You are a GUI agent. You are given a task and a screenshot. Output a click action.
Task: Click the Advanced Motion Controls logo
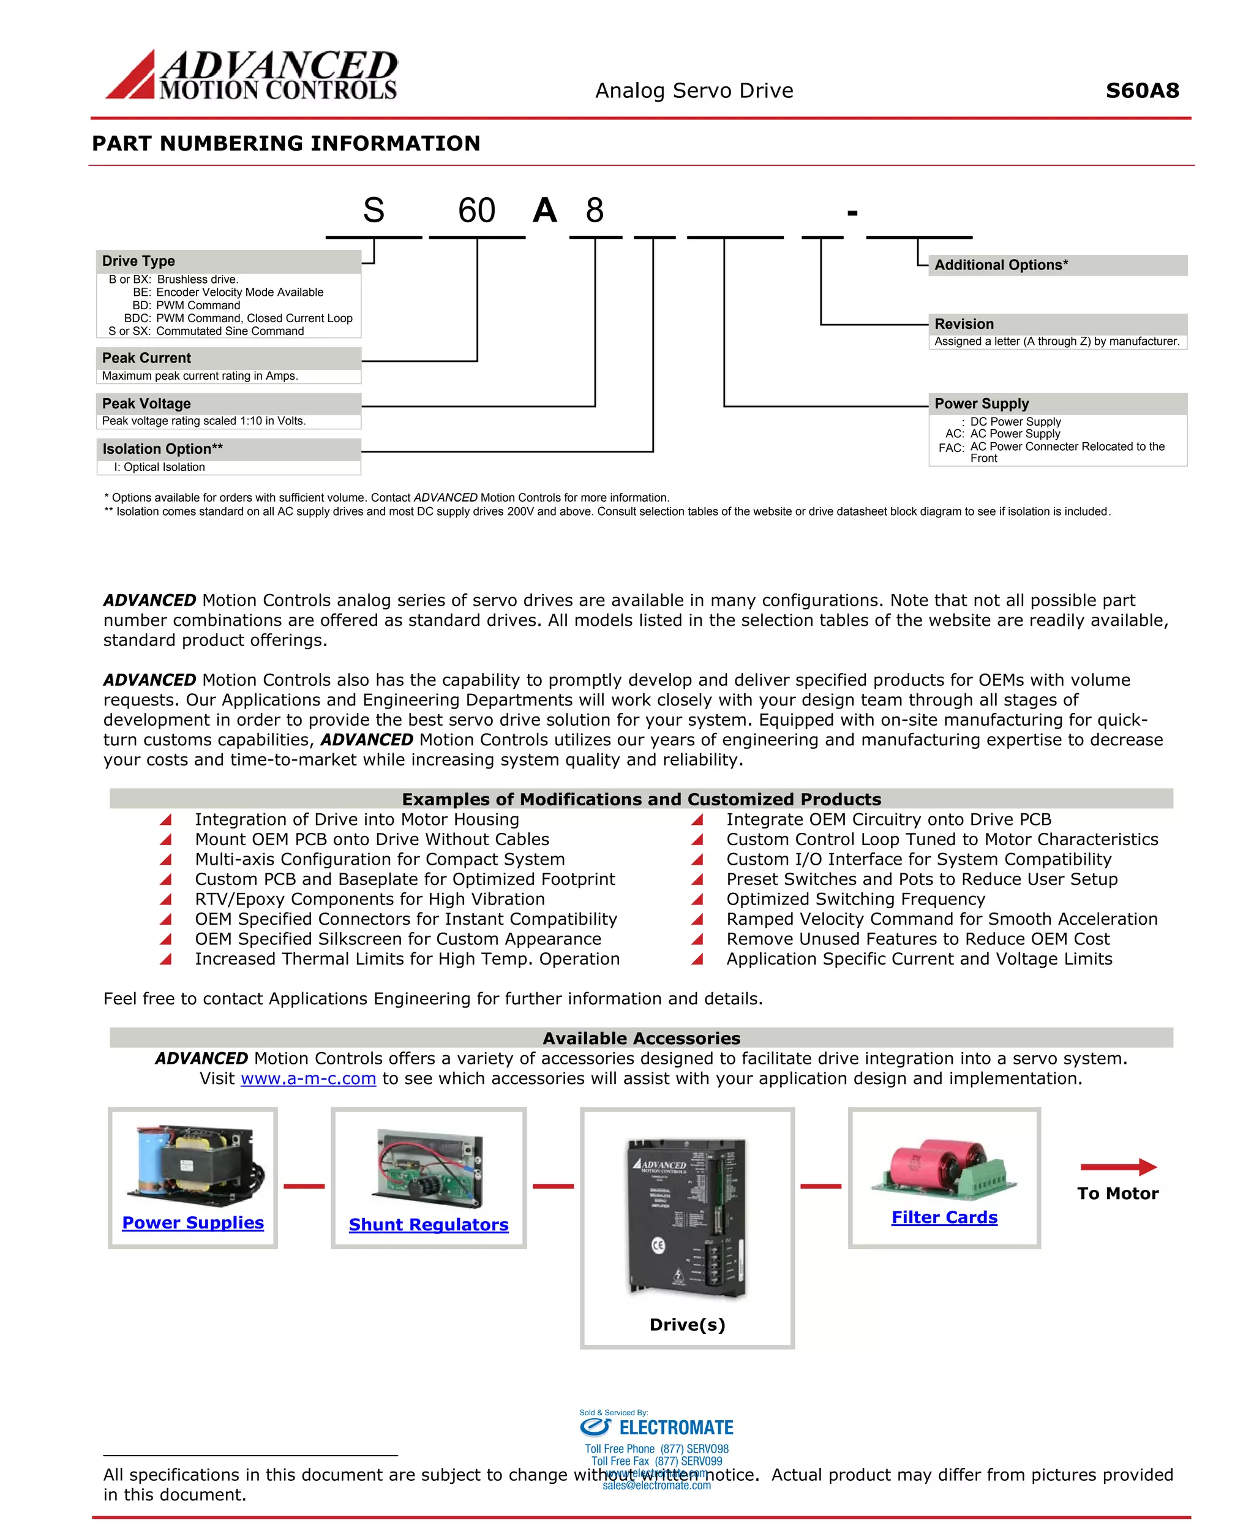[x=252, y=75]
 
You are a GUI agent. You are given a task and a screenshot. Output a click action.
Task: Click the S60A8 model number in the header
[x=1142, y=91]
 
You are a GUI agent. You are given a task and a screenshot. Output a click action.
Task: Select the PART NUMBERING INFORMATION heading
[x=286, y=143]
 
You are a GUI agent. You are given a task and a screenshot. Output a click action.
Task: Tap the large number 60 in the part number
[x=477, y=211]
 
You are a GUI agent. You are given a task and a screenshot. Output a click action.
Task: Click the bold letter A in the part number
[x=545, y=211]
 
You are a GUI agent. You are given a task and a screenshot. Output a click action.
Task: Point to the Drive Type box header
[x=139, y=261]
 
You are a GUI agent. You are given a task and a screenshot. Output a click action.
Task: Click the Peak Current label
[x=146, y=358]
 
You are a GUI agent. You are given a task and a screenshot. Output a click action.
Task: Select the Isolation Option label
[x=162, y=449]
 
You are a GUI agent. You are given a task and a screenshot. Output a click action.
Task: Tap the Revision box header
[x=964, y=324]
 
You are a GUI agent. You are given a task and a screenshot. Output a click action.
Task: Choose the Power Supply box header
[x=981, y=403]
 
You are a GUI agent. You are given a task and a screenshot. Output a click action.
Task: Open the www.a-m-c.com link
[x=309, y=1078]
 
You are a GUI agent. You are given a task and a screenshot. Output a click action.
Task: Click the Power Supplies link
[x=193, y=1222]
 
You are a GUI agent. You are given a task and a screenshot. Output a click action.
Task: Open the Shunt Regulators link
[x=429, y=1224]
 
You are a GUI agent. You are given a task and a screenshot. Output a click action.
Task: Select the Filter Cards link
[x=944, y=1217]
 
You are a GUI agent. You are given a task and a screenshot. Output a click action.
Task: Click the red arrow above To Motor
[x=1118, y=1166]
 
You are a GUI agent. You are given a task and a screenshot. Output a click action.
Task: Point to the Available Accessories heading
[x=642, y=1038]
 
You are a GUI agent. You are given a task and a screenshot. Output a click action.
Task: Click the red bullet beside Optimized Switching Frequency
[x=697, y=900]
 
